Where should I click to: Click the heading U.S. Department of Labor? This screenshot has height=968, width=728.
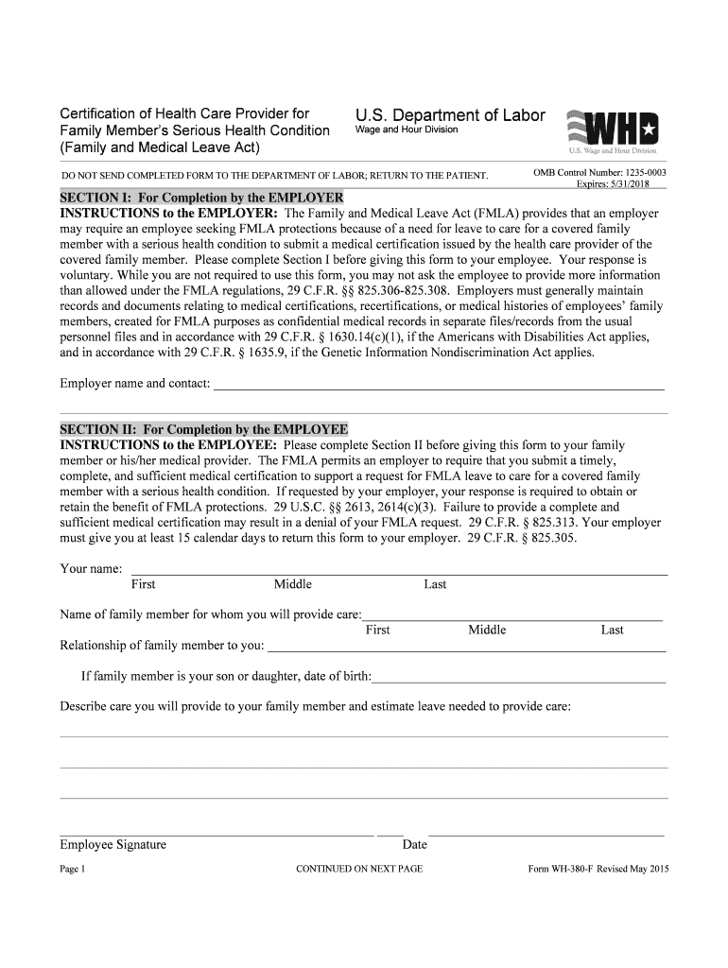tap(450, 115)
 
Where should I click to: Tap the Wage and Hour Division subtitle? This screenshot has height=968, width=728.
tap(406, 130)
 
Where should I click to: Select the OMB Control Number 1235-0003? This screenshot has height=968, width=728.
tap(599, 172)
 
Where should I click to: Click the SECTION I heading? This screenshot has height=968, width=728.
tap(201, 198)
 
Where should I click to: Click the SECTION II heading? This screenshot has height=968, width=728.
tap(204, 429)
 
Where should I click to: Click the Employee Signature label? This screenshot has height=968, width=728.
tap(113, 844)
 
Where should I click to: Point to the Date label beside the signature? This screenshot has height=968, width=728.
tap(414, 844)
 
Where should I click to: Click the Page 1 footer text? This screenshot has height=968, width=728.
tap(73, 869)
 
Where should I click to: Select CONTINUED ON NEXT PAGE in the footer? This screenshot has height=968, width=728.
tap(359, 869)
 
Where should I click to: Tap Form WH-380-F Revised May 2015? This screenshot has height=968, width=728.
tap(598, 869)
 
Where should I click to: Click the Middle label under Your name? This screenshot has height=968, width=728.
tap(292, 584)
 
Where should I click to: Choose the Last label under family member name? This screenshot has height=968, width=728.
tap(612, 630)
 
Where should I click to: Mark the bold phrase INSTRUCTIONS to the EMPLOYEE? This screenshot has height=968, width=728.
tap(169, 444)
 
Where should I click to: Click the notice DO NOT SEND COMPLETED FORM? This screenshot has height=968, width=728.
tap(275, 176)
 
